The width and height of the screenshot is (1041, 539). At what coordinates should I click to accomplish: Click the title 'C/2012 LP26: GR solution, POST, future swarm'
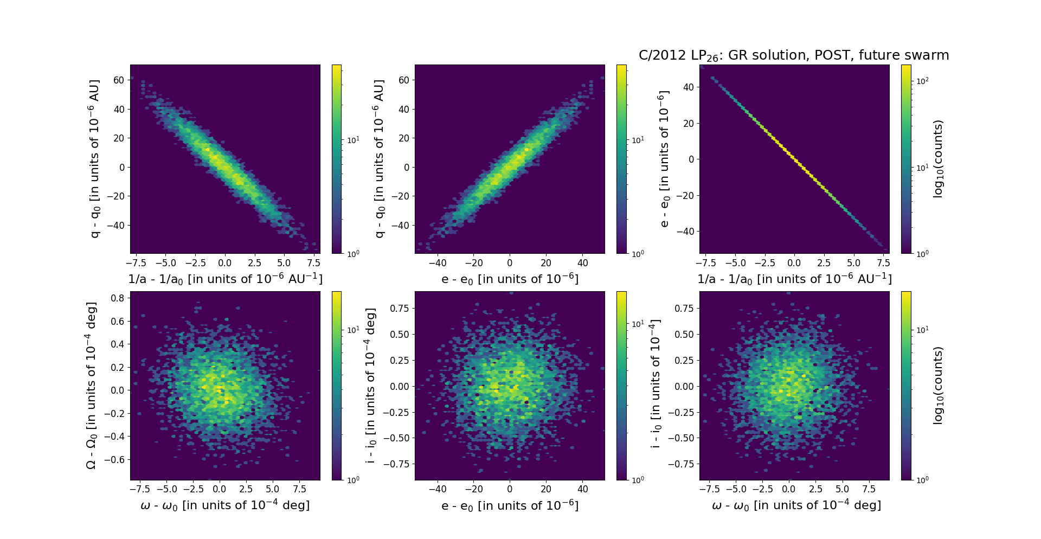(x=794, y=55)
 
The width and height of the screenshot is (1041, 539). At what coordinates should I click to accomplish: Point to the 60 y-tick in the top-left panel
(x=119, y=80)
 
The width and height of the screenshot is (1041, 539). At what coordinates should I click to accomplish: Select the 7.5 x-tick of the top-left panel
(x=313, y=263)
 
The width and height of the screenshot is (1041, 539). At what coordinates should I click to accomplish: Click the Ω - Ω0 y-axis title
(x=92, y=386)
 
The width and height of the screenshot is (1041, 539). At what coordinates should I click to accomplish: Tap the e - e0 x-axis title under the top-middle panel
(x=510, y=279)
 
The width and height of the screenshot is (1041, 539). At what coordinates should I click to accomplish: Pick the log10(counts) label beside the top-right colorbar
(x=938, y=159)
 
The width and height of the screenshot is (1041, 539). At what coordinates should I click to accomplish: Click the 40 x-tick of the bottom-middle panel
(x=582, y=489)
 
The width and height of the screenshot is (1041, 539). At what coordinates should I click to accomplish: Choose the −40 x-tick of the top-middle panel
(x=438, y=263)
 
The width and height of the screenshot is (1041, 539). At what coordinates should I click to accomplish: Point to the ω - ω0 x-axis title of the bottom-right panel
(x=796, y=505)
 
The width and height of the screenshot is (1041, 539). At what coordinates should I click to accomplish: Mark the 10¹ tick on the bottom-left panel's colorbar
(x=353, y=330)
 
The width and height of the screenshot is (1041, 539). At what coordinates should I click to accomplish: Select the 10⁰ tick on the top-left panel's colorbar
(x=353, y=253)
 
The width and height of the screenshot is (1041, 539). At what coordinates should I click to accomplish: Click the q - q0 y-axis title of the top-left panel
(x=95, y=159)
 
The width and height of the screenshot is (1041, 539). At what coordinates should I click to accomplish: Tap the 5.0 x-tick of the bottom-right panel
(x=842, y=489)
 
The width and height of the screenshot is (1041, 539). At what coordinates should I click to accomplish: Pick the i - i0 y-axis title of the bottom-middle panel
(x=371, y=386)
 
